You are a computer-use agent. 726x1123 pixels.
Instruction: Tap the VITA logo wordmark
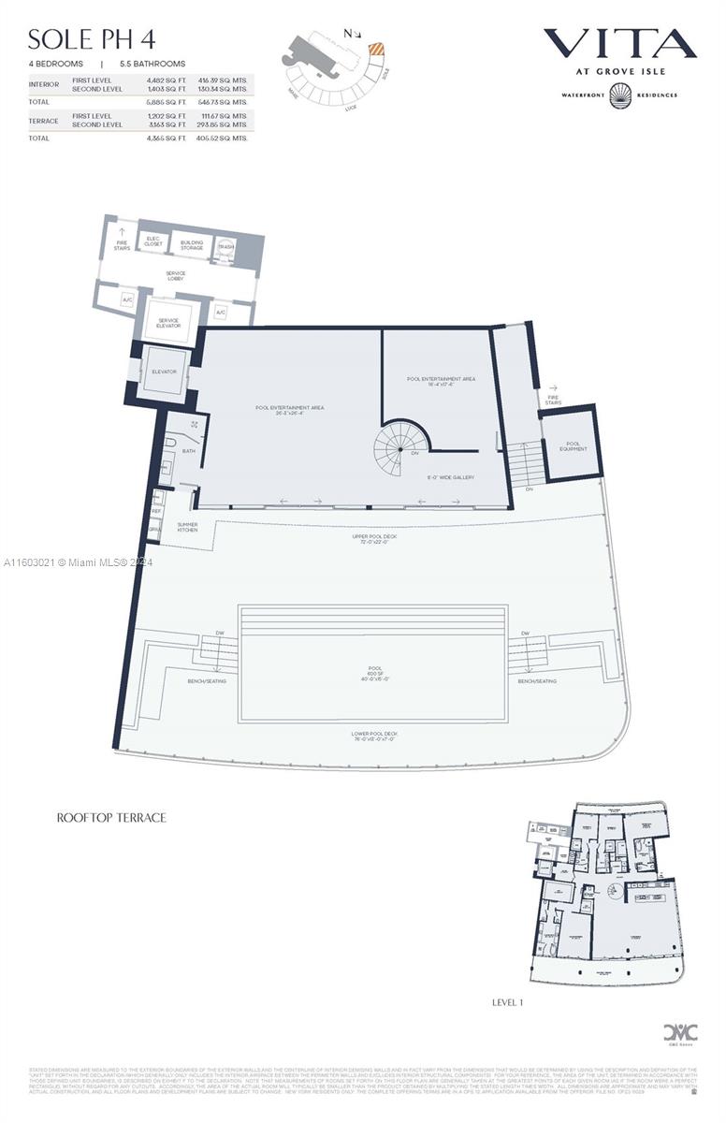coord(619,43)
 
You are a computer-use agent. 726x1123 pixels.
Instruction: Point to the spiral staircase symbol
coord(399,450)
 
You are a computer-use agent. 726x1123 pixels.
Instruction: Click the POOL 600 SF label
coord(374,671)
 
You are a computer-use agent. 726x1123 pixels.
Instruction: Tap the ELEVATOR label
coord(164,372)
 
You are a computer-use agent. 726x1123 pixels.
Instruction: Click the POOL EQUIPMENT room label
coord(573,445)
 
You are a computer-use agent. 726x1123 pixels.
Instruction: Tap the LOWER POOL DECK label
coord(374,734)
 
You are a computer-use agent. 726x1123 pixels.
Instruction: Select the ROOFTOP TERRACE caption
coord(111,817)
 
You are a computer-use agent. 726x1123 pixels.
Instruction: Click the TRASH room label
coord(226,246)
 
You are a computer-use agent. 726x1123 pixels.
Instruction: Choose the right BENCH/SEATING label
coord(537,681)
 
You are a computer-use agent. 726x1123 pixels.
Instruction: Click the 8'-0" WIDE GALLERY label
coord(450,477)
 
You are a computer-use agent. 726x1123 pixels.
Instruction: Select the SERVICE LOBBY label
coord(175,277)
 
